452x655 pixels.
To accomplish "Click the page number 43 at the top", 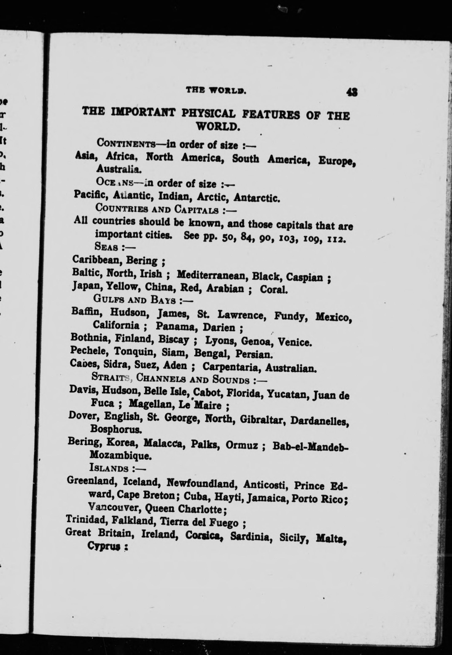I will [x=352, y=92].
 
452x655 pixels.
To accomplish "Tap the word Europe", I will [x=336, y=162].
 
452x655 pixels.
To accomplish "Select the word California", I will [x=116, y=325].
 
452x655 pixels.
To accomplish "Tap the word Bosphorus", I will [x=116, y=430].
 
